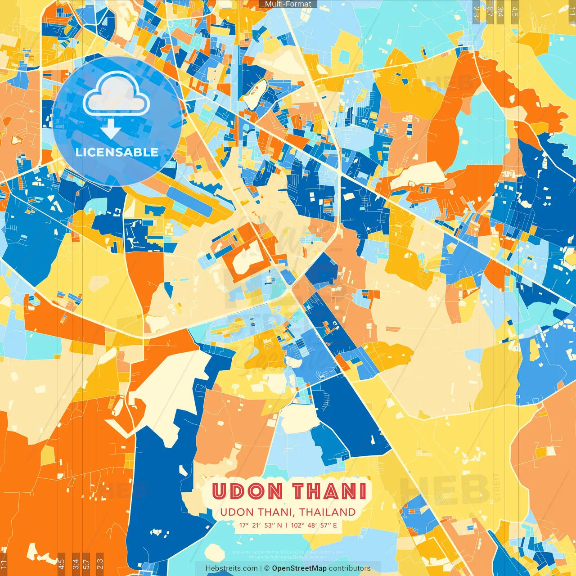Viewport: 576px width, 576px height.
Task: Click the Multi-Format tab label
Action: tap(288, 4)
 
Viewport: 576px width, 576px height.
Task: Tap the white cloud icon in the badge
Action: tap(117, 94)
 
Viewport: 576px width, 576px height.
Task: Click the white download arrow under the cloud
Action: tap(111, 130)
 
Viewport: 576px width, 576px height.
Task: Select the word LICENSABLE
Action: tap(117, 152)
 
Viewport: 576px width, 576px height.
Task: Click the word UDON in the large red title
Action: tap(247, 491)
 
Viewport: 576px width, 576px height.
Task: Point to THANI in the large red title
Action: tap(330, 491)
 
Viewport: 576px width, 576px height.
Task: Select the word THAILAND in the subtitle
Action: tap(328, 512)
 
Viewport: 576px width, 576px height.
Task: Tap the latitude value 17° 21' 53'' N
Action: tap(261, 525)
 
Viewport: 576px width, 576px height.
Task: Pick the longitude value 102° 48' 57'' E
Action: tap(314, 525)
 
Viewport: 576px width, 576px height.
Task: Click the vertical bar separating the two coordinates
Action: tap(286, 525)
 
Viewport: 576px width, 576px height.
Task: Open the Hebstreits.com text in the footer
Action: tap(231, 568)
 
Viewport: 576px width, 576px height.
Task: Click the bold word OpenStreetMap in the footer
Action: tap(299, 568)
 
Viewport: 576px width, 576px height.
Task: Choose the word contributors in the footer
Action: tap(350, 568)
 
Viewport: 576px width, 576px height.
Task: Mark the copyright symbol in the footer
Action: tap(267, 568)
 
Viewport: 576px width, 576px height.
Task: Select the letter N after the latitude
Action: tap(279, 525)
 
